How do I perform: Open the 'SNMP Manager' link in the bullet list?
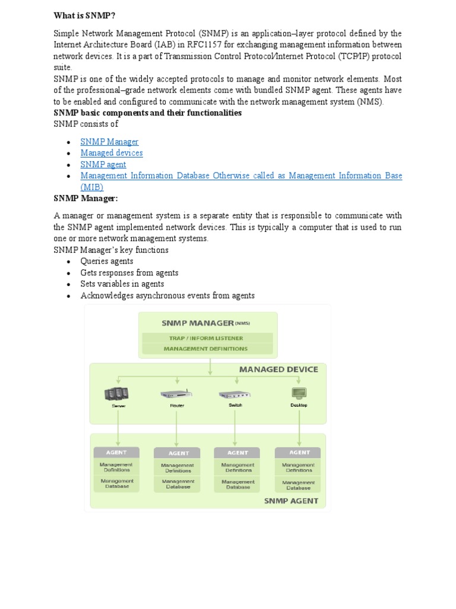(109, 142)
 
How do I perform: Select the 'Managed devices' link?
(112, 153)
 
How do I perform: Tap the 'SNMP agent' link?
(103, 164)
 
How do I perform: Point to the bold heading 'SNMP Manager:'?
(85, 198)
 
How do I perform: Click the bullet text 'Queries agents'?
(107, 261)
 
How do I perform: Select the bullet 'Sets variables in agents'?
(122, 284)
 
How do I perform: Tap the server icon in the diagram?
(116, 394)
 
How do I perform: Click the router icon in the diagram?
(176, 394)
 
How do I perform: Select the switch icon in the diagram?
(236, 394)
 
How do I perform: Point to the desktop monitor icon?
(299, 393)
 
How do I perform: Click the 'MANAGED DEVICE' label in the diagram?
(278, 369)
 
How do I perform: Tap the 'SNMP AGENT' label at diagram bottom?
(291, 501)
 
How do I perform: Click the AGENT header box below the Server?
(116, 452)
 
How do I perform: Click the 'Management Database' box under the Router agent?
(177, 484)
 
